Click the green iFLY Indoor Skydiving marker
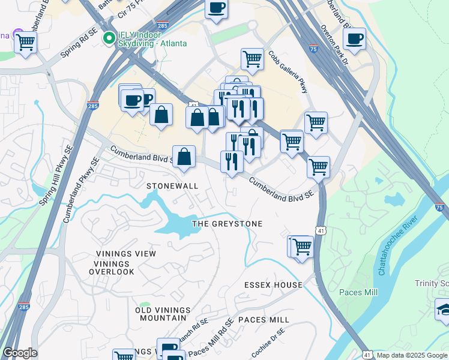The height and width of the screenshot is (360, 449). pos(109,38)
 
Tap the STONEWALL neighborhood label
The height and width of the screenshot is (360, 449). pos(172,186)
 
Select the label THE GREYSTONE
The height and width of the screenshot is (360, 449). pos(227,224)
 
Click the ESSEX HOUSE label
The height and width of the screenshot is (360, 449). pos(273,284)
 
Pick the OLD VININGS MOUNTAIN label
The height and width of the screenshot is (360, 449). pos(163,314)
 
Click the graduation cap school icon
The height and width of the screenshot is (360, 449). pos(442,310)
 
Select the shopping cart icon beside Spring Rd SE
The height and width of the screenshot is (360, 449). pos(26,43)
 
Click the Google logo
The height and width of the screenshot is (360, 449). pos(20,353)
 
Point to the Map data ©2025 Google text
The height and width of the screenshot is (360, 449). pos(411,355)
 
